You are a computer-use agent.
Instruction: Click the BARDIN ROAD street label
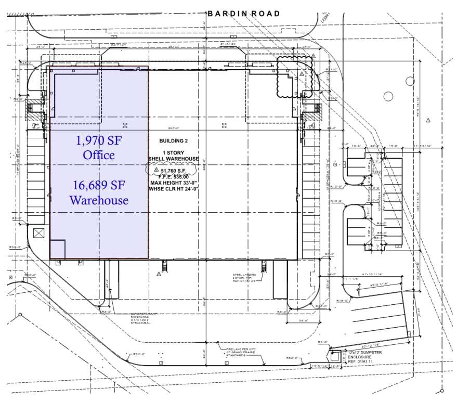click(x=243, y=14)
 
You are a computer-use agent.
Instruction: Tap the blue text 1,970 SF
click(x=99, y=140)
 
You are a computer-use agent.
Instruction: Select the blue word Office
click(x=99, y=155)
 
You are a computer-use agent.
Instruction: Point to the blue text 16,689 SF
click(x=99, y=186)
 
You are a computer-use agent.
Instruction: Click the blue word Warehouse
click(x=99, y=200)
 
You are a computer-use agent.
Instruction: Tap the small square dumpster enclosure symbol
click(x=336, y=356)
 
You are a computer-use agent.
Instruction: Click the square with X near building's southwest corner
click(x=38, y=232)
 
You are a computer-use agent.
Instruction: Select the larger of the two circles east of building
click(x=388, y=96)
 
